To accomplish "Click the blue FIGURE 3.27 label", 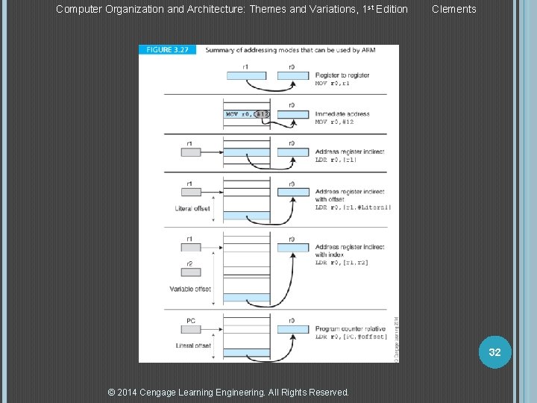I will tap(167, 49).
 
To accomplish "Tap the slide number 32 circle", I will tap(494, 352).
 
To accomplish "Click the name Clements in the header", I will tap(453, 9).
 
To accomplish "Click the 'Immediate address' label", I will tap(342, 114).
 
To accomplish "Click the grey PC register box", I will tap(191, 330).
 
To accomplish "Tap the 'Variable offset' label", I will tap(190, 289).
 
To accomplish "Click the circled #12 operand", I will tap(261, 114).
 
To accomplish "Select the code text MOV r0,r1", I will tap(333, 83).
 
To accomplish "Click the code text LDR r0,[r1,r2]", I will tap(341, 262).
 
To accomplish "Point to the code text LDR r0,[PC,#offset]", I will tap(351, 337).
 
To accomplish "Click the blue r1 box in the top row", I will tap(245, 75).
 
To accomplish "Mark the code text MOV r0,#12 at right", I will tap(334, 122).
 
